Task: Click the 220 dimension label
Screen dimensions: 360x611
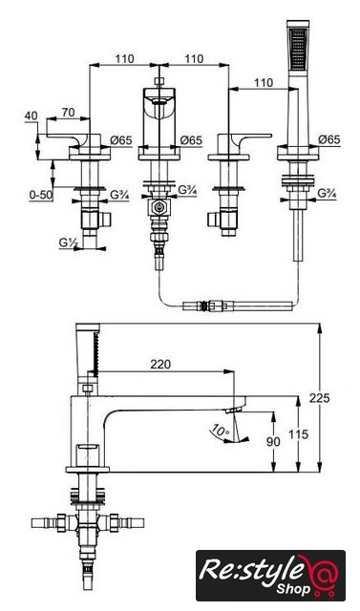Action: [160, 364]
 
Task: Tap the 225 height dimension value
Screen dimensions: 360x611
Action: [320, 398]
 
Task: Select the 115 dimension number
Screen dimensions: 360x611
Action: [298, 434]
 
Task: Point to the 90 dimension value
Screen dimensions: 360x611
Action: [273, 442]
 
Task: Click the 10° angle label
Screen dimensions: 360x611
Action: [221, 431]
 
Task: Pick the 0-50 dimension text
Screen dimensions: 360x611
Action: [40, 195]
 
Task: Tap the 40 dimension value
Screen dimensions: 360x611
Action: [32, 116]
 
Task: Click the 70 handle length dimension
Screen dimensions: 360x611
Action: [68, 113]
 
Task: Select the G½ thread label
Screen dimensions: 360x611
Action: [69, 242]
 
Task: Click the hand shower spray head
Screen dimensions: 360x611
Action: [298, 46]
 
